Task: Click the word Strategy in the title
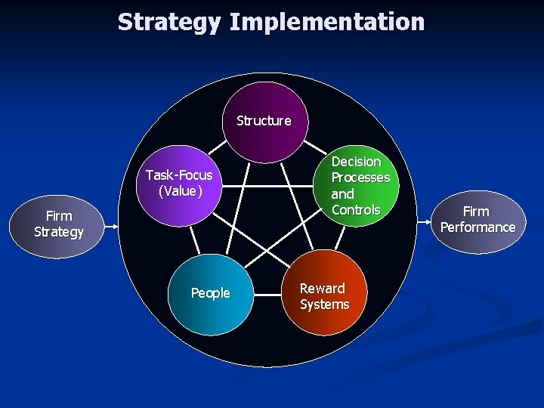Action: pyautogui.click(x=169, y=22)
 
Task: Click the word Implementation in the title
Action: pyautogui.click(x=326, y=22)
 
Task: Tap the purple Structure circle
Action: pyautogui.click(x=264, y=112)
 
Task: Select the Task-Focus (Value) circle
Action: pyautogui.click(x=179, y=185)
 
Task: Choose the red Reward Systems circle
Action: pyautogui.click(x=324, y=293)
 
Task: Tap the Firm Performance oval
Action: pyautogui.click(x=478, y=220)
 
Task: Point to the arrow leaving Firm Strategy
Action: pyautogui.click(x=110, y=224)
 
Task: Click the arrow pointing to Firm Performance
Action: pyautogui.click(x=425, y=224)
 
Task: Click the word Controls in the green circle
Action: pyautogui.click(x=355, y=210)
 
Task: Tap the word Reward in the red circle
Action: pyautogui.click(x=322, y=288)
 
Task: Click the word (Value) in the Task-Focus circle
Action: pyautogui.click(x=180, y=191)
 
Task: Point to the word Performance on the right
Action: pyautogui.click(x=478, y=227)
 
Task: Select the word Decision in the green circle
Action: pyautogui.click(x=356, y=162)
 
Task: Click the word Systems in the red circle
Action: pyautogui.click(x=324, y=304)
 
